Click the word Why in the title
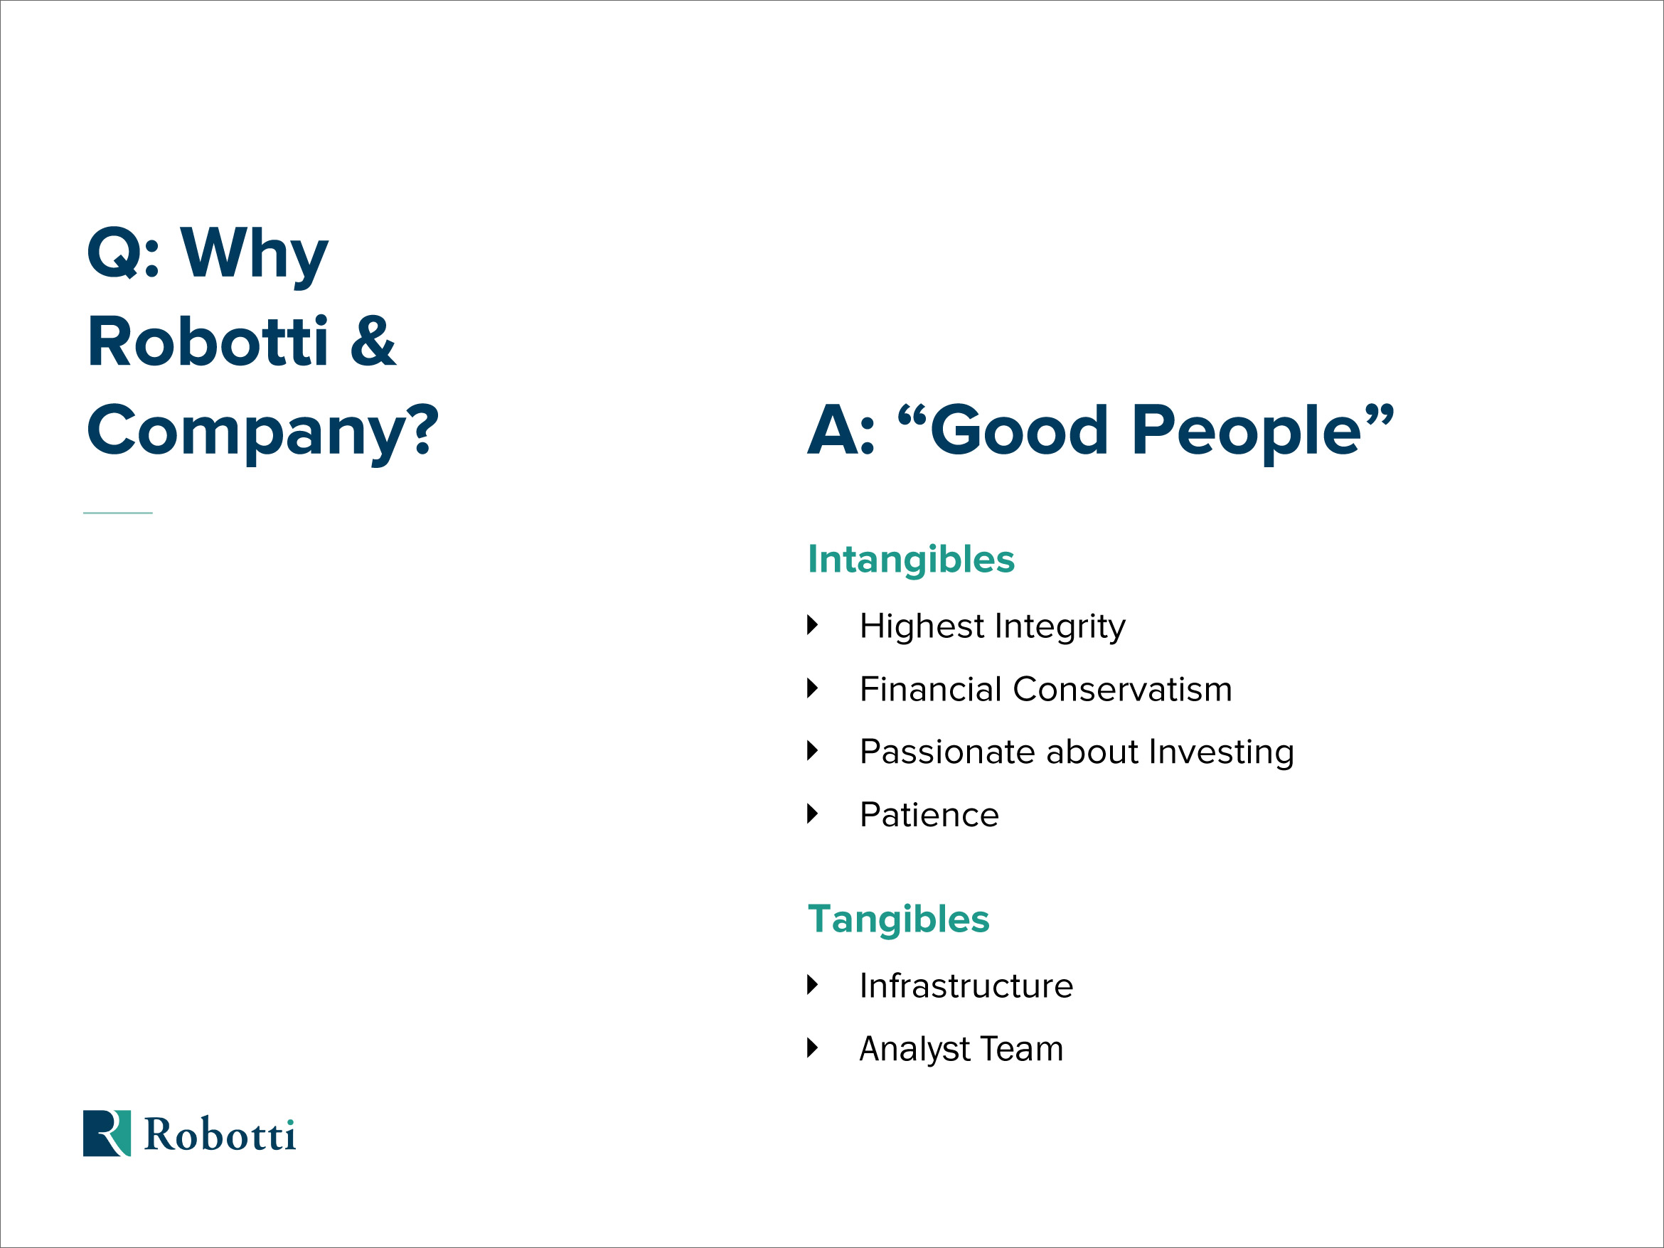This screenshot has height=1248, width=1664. coord(255,256)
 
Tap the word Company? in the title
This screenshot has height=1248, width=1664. coord(262,432)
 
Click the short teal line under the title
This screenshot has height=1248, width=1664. coord(118,513)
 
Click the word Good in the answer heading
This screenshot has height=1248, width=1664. coord(1019,430)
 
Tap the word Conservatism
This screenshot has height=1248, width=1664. coord(1122,689)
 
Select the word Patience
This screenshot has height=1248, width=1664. coord(929,816)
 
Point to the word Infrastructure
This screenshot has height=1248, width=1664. coord(966,986)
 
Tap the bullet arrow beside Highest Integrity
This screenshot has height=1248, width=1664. coord(812,624)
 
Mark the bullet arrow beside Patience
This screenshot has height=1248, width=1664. coord(812,814)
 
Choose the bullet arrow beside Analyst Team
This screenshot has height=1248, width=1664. coord(812,1048)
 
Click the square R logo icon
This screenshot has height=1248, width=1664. coord(107,1133)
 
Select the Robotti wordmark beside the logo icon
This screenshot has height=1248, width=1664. coord(220,1134)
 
